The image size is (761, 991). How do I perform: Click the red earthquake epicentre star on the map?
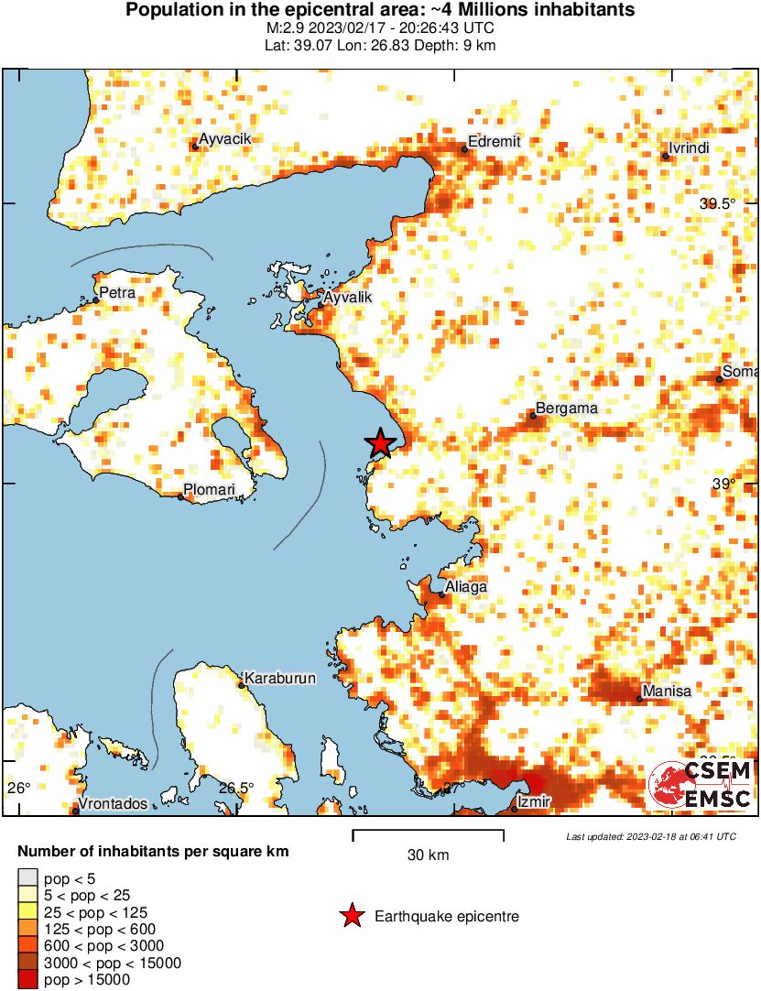381,443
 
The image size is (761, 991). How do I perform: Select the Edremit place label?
494,142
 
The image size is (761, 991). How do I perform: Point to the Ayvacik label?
225,138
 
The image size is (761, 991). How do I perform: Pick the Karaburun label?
280,679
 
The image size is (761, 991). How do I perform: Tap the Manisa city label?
667,691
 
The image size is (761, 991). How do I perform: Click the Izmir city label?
534,802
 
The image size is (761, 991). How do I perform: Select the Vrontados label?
113,803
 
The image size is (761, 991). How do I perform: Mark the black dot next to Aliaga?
441,594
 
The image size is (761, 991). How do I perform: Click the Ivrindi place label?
690,148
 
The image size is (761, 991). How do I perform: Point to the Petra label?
117,293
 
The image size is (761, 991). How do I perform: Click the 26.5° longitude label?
236,787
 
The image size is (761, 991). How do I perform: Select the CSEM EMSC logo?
700,786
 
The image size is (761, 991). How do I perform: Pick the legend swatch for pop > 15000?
27,979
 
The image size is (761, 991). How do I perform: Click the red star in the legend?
351,916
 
